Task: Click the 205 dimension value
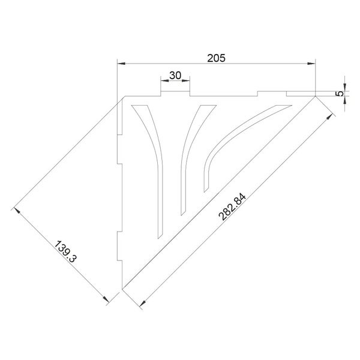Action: (216, 58)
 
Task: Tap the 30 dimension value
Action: (175, 76)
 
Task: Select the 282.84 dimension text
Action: (232, 207)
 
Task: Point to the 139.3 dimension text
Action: (65, 251)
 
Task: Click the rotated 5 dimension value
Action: (340, 94)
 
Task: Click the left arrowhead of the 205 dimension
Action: (121, 64)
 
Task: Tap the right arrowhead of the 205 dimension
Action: (311, 64)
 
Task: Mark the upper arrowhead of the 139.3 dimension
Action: (17, 211)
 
